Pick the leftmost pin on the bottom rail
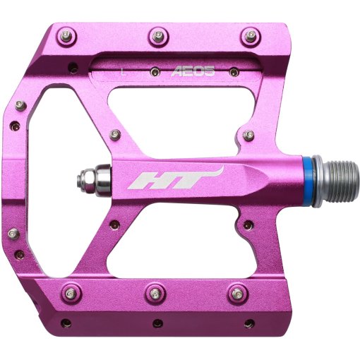click(x=69, y=291)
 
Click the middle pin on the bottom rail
click(x=157, y=292)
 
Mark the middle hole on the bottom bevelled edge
click(x=157, y=323)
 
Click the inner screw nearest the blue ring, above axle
click(x=248, y=134)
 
